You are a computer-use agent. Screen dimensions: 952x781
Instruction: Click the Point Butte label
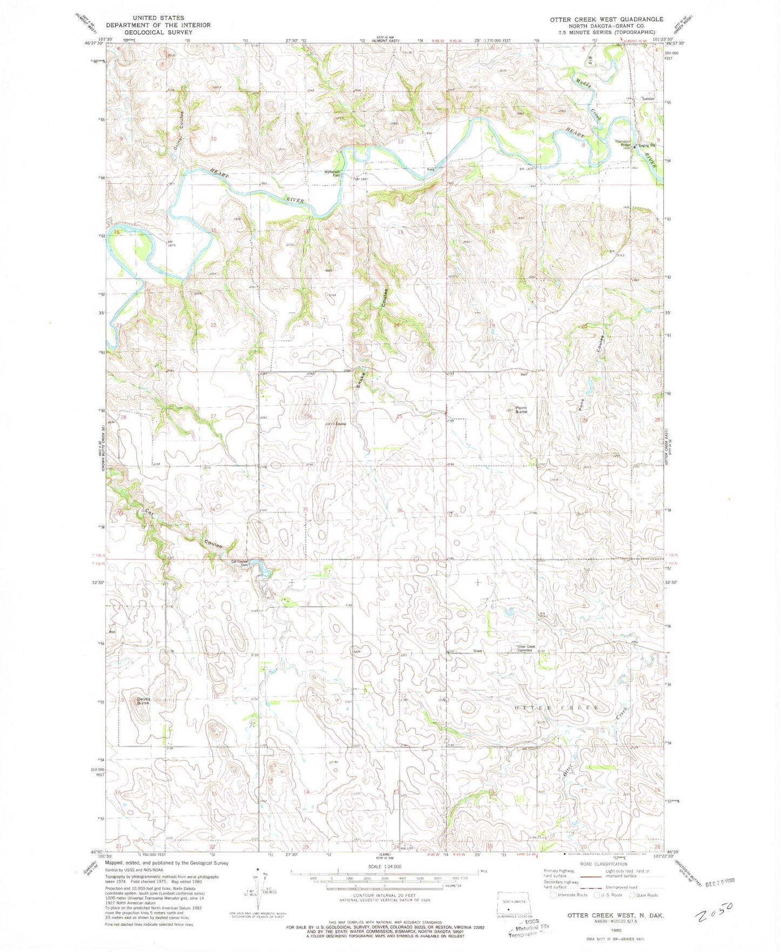[521, 410]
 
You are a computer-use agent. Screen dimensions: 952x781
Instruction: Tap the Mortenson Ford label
[332, 174]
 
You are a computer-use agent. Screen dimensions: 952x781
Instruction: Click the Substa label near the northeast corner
[648, 99]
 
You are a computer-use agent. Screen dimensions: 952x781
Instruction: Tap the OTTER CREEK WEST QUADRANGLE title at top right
[606, 19]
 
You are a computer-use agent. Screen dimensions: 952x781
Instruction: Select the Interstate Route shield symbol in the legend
[552, 895]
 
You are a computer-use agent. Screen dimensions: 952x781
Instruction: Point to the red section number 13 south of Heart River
[400, 232]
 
